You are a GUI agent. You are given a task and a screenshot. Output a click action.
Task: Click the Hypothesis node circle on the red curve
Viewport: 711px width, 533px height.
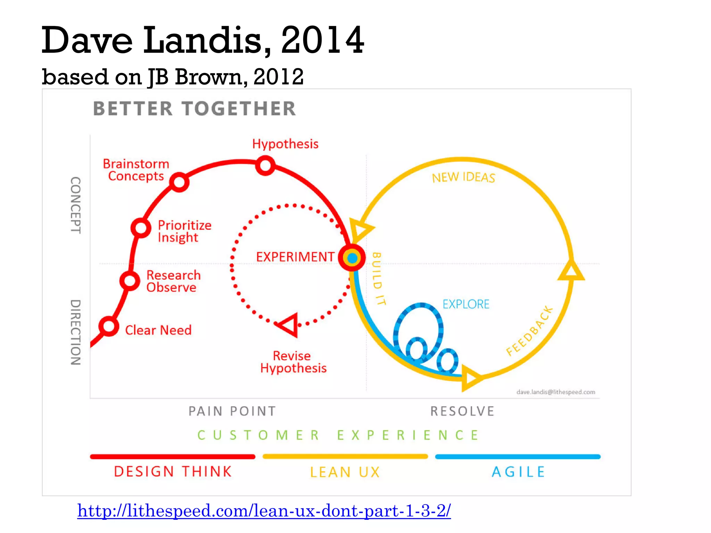pyautogui.click(x=265, y=166)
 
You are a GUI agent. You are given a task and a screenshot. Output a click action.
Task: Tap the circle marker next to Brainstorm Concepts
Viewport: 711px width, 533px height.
pyautogui.click(x=179, y=182)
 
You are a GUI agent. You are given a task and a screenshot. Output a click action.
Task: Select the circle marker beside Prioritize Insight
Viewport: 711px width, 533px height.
pyautogui.click(x=141, y=228)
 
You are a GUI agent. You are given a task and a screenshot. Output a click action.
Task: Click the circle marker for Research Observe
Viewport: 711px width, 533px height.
pyautogui.click(x=129, y=280)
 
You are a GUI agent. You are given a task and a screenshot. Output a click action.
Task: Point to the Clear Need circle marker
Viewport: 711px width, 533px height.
pyautogui.click(x=109, y=326)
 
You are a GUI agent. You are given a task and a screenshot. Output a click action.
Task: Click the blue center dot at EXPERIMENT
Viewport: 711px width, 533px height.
pyautogui.click(x=352, y=258)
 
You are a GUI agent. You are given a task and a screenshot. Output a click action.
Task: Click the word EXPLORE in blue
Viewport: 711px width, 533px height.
pyautogui.click(x=466, y=304)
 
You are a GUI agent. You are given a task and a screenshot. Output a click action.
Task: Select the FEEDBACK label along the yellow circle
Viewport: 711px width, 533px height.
pyautogui.click(x=529, y=331)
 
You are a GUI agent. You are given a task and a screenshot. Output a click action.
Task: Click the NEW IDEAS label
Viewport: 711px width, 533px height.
pyautogui.click(x=463, y=177)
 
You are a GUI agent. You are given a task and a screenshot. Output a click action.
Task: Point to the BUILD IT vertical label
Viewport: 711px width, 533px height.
pyautogui.click(x=377, y=279)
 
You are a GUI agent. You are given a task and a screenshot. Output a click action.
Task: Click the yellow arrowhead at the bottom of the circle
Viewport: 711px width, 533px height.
pyautogui.click(x=470, y=378)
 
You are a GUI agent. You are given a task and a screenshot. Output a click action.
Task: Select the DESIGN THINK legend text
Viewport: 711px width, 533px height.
pyautogui.click(x=173, y=472)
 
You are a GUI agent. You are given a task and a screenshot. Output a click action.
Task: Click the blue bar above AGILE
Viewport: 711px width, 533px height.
pyautogui.click(x=518, y=457)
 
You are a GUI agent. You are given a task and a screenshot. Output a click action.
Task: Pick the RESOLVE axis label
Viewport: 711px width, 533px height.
pyautogui.click(x=462, y=411)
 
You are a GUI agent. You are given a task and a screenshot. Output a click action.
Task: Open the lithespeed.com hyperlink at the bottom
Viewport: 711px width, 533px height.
pyautogui.click(x=264, y=511)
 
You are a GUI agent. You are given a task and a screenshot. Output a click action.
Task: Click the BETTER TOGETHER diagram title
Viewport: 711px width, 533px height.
pyautogui.click(x=194, y=109)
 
